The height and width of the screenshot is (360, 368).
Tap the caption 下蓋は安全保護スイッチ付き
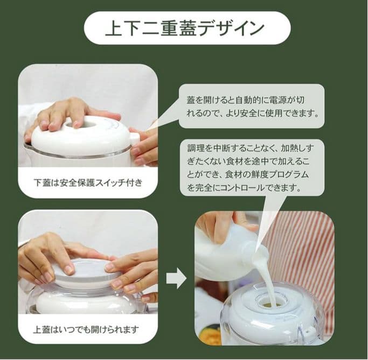click(88, 182)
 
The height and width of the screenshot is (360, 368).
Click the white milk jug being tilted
click(226, 248)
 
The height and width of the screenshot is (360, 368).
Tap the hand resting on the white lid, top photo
click(70, 113)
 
